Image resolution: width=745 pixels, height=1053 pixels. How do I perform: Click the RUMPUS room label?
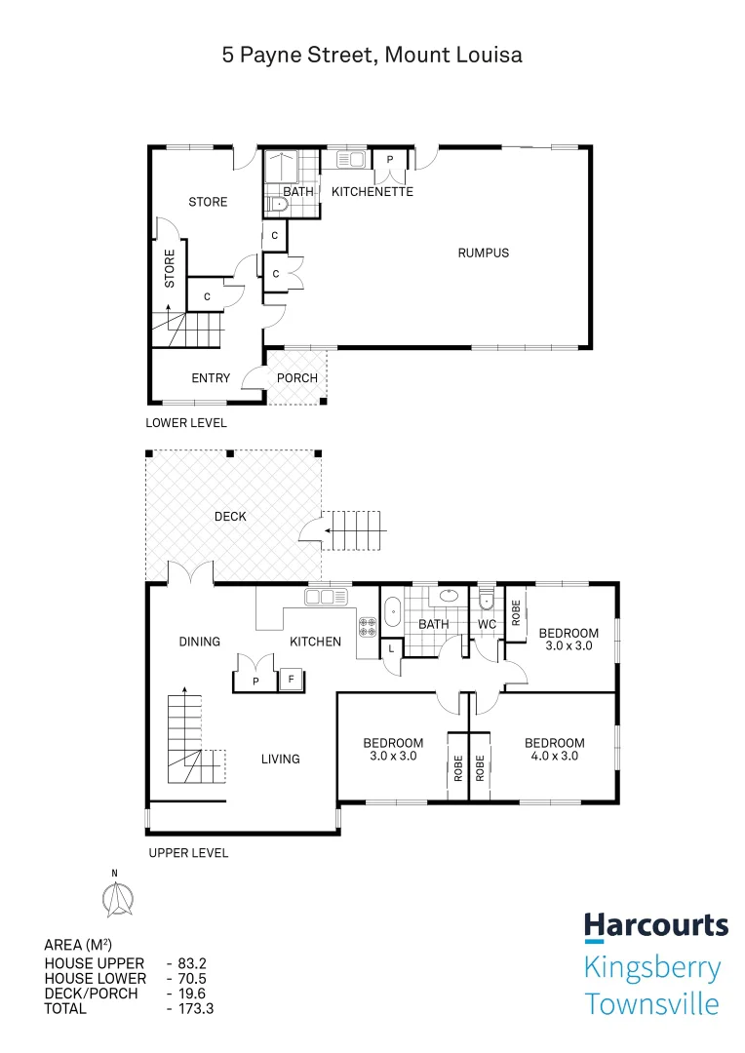tap(484, 253)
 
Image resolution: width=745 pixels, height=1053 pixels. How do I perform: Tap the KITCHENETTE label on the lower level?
tap(372, 192)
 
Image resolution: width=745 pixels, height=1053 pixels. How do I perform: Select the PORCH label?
tap(297, 378)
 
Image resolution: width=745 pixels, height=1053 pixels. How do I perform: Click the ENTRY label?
tap(211, 378)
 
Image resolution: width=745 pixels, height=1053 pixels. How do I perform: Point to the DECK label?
tap(231, 516)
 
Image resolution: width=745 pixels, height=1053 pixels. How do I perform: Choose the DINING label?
tap(200, 642)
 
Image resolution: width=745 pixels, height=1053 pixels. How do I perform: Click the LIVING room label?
tap(280, 759)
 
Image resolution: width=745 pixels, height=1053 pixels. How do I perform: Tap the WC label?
tap(488, 624)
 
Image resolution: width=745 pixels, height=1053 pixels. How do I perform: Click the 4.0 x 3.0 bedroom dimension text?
tap(554, 756)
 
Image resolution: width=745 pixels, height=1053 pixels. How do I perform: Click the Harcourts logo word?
tap(655, 925)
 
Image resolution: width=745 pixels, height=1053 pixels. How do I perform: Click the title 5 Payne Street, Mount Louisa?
tap(372, 56)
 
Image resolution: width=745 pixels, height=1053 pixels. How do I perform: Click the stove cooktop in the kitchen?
tap(369, 628)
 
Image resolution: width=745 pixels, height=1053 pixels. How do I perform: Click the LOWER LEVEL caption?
tap(186, 423)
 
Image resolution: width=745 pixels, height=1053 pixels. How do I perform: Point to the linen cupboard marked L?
tap(391, 648)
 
